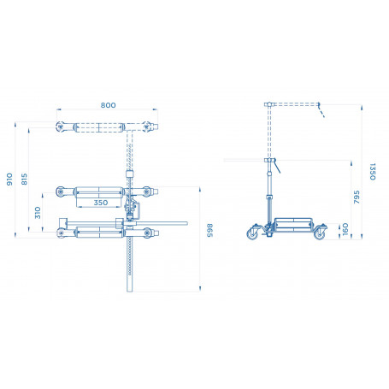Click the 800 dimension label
[x=108, y=105]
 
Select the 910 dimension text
[x=9, y=180]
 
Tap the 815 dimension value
[x=25, y=180]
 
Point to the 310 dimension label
[x=38, y=213]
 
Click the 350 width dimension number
[x=101, y=203]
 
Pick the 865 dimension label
[x=209, y=230]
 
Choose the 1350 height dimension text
[x=373, y=172]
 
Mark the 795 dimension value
[x=357, y=197]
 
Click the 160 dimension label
[x=345, y=229]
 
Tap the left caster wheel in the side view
[x=252, y=233]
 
